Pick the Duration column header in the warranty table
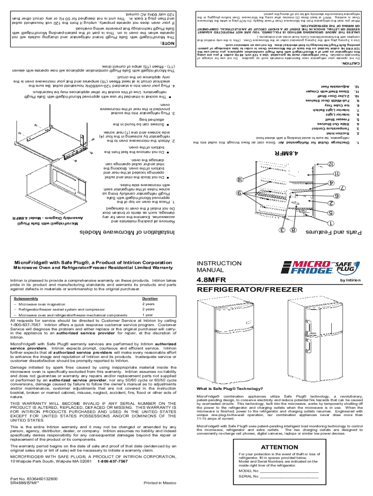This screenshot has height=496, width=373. pyautogui.click(x=150, y=298)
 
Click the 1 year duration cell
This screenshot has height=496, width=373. pyautogui.click(x=147, y=314)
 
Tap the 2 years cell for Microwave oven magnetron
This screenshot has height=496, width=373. pyautogui.click(x=148, y=304)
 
